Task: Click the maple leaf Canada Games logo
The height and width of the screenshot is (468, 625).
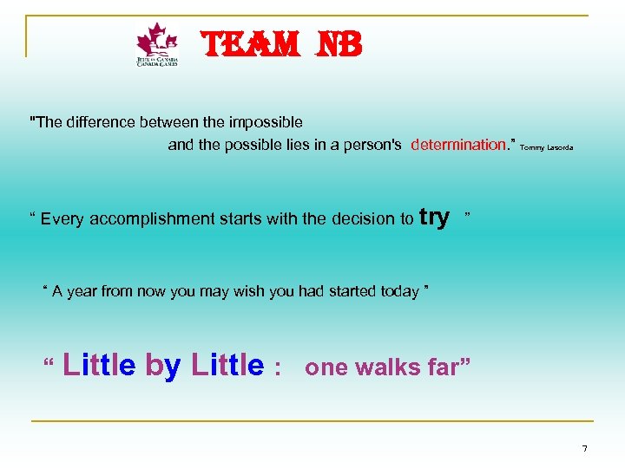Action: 157,45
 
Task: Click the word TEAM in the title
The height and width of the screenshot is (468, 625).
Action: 239,44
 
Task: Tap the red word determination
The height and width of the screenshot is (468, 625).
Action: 457,145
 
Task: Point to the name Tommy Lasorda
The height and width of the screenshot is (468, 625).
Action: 547,148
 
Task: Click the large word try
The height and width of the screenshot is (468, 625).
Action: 434,217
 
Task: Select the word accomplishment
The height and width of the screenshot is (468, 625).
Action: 165,219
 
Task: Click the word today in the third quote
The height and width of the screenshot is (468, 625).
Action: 399,291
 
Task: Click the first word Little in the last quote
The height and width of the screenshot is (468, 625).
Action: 99,365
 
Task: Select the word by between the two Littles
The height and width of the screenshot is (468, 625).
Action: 163,366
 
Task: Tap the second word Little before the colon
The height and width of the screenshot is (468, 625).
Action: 227,365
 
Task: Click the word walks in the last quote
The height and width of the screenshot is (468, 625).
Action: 385,367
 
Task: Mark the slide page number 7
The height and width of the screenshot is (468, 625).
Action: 584,448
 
